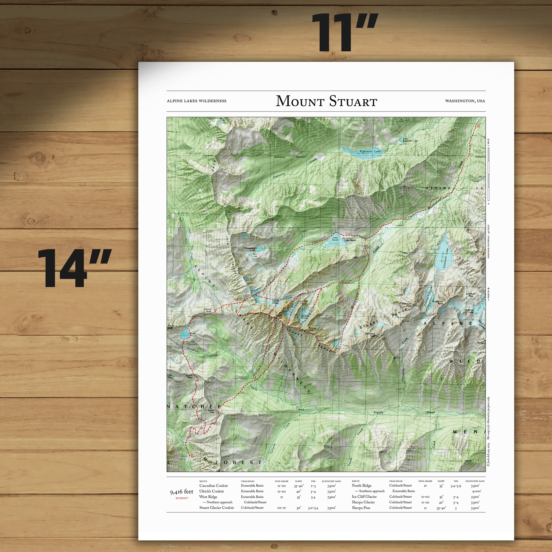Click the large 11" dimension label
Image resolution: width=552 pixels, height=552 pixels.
[344, 33]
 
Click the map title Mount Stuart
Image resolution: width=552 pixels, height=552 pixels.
[326, 101]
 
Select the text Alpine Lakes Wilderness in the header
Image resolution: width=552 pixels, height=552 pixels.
[196, 101]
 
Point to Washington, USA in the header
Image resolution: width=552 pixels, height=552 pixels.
[465, 101]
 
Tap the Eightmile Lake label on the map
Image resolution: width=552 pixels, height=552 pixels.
[370, 152]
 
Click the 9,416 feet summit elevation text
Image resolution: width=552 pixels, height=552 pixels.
[182, 492]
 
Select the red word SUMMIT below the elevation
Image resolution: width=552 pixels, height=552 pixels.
[182, 498]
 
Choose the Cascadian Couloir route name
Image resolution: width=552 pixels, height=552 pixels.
[213, 485]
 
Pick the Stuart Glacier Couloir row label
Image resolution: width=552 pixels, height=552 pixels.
[216, 508]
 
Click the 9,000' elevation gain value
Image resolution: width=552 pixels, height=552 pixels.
[477, 491]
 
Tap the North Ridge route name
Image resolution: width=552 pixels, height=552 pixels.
[362, 485]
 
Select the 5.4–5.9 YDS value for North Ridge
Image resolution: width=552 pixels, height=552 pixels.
[456, 486]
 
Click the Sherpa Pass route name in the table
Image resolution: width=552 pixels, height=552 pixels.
[361, 508]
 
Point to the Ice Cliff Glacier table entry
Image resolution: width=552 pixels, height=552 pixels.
[364, 497]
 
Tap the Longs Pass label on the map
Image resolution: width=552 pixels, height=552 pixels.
[211, 411]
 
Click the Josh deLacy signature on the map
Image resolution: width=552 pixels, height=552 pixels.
[453, 456]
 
